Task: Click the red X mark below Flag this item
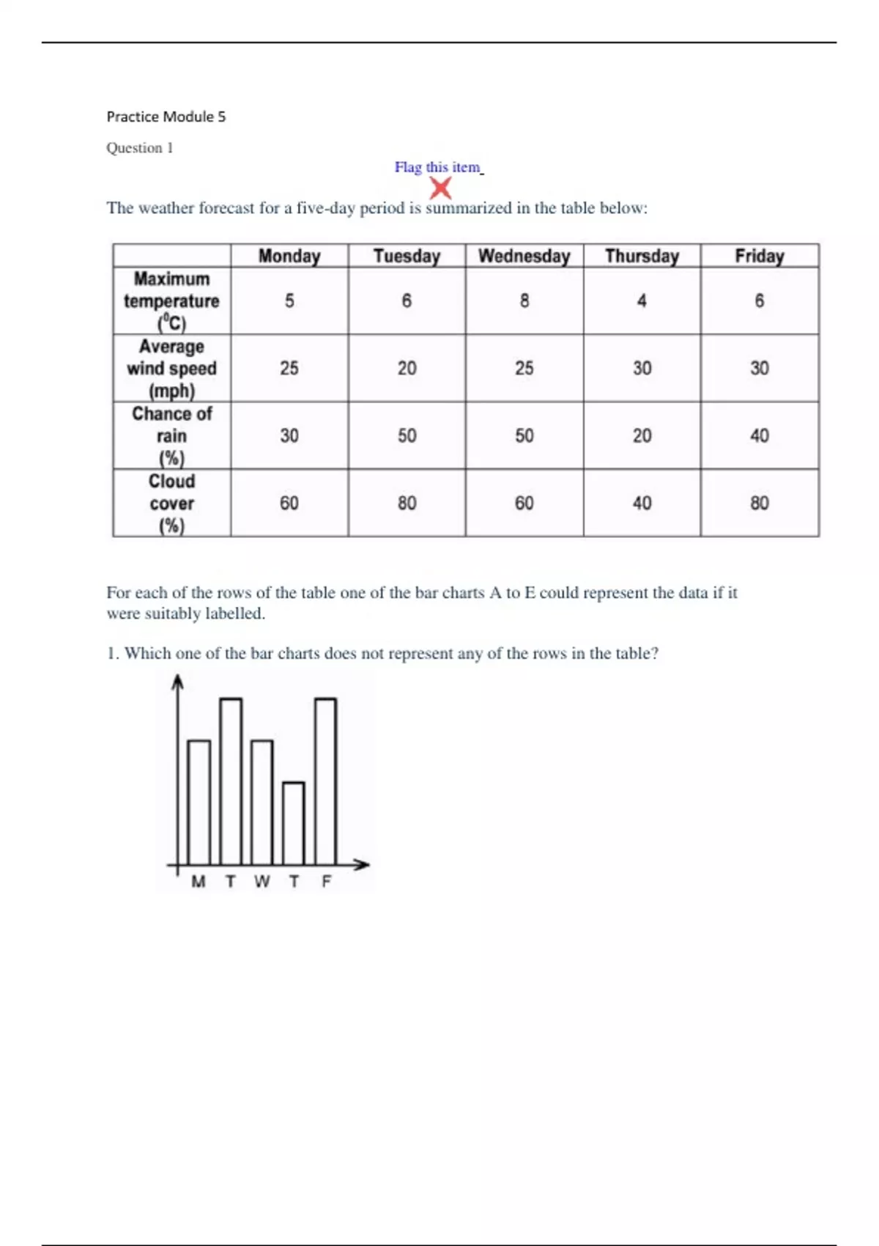[440, 188]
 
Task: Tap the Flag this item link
[437, 167]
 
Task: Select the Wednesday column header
[524, 256]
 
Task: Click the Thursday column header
[642, 256]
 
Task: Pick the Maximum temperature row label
[171, 301]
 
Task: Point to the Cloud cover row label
[171, 503]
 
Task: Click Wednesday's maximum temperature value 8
[524, 301]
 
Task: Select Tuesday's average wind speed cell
[407, 368]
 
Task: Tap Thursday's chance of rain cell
[642, 435]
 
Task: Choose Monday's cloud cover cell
[289, 503]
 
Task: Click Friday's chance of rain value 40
[759, 435]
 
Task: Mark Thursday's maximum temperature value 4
[642, 301]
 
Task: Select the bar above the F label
[326, 781]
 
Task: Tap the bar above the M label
[199, 803]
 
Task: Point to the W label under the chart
[262, 882]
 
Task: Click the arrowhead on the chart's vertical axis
[177, 682]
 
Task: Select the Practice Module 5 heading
[166, 117]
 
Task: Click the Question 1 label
[140, 148]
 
